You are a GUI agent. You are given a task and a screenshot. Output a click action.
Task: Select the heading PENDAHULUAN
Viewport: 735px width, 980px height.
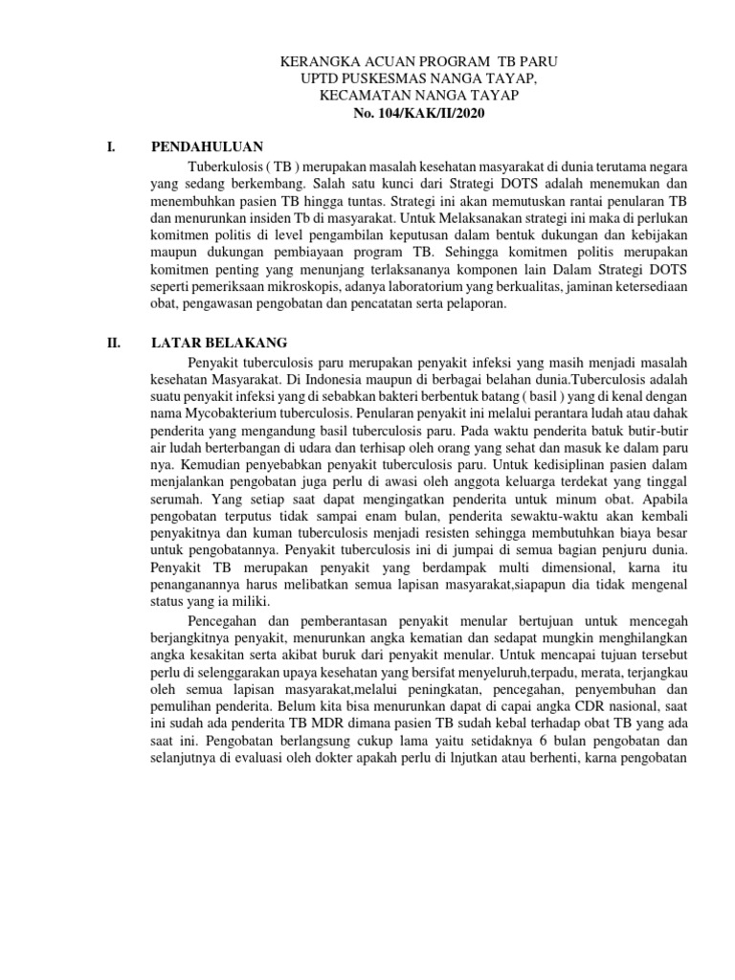tap(207, 146)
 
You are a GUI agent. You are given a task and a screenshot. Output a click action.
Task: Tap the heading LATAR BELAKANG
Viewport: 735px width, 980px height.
tap(220, 343)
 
